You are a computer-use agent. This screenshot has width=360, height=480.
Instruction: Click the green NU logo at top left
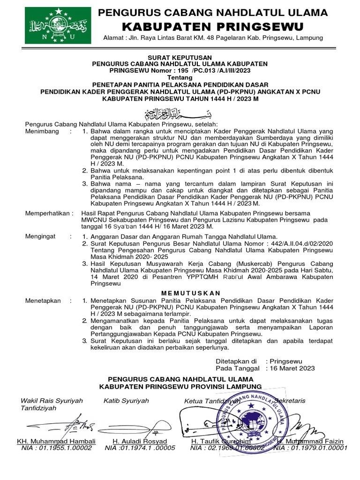pyautogui.click(x=58, y=25)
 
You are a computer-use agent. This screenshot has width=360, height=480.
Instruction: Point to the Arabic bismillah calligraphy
pyautogui.click(x=180, y=113)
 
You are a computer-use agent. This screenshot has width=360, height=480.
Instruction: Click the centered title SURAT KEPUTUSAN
pyautogui.click(x=180, y=57)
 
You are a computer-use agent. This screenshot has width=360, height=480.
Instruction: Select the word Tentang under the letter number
pyautogui.click(x=180, y=77)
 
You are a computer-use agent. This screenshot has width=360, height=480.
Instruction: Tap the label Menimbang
pyautogui.click(x=42, y=132)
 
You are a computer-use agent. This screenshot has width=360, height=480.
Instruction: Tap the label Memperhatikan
pyautogui.click(x=49, y=213)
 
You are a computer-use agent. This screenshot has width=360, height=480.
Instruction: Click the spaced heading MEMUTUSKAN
pyautogui.click(x=180, y=293)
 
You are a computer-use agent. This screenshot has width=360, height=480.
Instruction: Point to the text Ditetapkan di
pyautogui.click(x=236, y=361)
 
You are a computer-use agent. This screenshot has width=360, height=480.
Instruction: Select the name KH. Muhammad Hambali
pyautogui.click(x=56, y=442)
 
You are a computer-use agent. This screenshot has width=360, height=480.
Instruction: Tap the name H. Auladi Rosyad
pyautogui.click(x=140, y=442)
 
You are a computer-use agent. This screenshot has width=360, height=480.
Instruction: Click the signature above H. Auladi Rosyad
pyautogui.click(x=134, y=428)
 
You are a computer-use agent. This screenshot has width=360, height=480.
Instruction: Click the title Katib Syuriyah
pyautogui.click(x=126, y=401)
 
